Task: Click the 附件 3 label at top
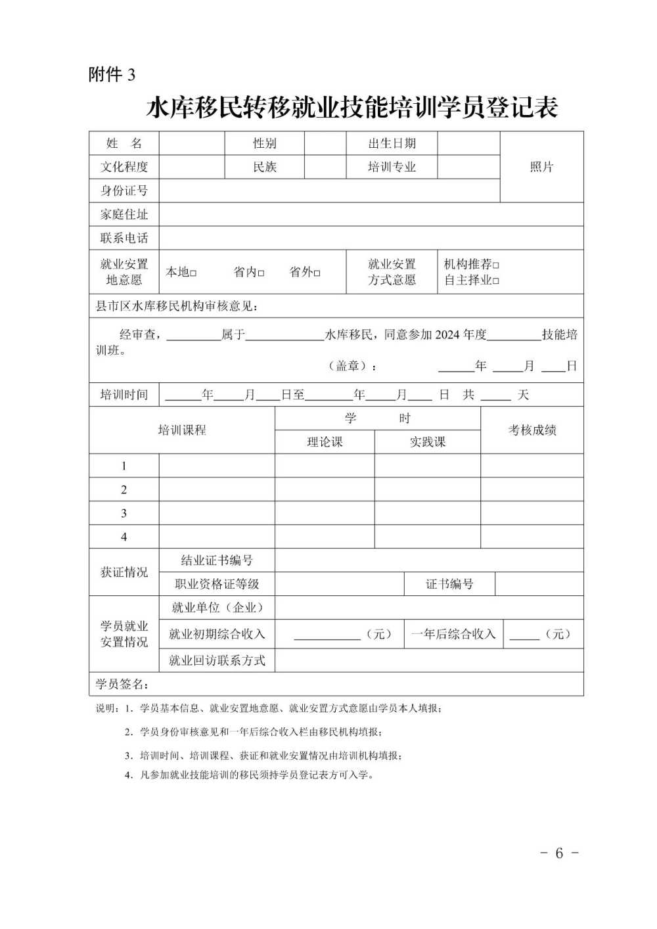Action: (112, 75)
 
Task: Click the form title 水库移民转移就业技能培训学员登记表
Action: (351, 108)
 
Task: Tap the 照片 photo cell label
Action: (541, 167)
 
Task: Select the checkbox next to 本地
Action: (194, 273)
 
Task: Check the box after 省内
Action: (261, 273)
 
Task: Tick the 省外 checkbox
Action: (317, 273)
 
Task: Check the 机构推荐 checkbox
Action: (496, 265)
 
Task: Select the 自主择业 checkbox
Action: (496, 281)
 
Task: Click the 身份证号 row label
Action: (124, 191)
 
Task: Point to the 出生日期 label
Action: (392, 143)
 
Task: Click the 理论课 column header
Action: (325, 442)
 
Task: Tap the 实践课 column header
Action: (428, 442)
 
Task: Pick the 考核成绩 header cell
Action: (532, 430)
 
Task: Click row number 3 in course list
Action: (124, 513)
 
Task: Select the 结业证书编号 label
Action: (217, 560)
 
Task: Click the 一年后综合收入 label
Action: (453, 634)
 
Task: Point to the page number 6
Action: (559, 853)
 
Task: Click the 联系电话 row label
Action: (124, 238)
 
